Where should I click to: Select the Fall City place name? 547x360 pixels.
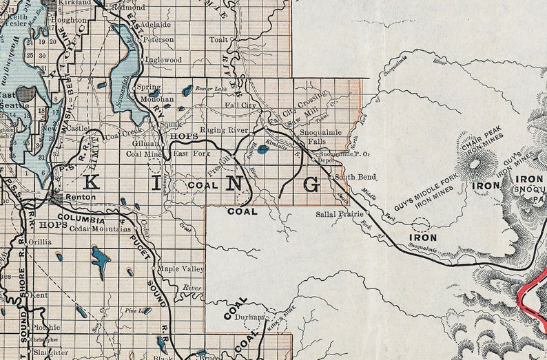(241, 105)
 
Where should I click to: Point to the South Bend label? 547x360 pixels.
(355, 177)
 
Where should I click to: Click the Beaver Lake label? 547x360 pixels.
(210, 89)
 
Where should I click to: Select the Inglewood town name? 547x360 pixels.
(163, 60)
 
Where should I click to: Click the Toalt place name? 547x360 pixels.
(218, 40)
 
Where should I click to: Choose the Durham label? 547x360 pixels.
(251, 317)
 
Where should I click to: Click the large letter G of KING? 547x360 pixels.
(311, 184)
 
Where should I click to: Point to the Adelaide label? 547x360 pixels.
(156, 24)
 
